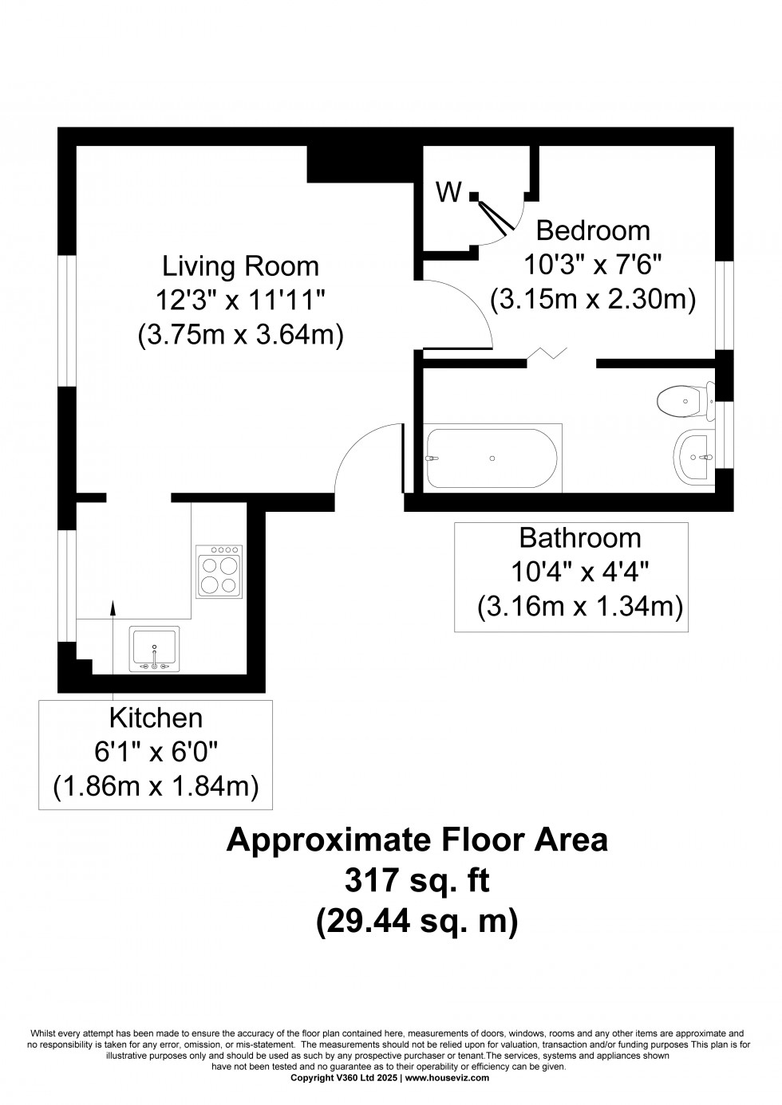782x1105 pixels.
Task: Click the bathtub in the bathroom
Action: (x=492, y=458)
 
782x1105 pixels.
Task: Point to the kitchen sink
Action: (x=155, y=647)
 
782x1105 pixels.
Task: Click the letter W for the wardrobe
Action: (x=448, y=191)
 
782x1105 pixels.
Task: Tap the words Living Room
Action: (x=240, y=265)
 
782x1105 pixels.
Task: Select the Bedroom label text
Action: (x=593, y=230)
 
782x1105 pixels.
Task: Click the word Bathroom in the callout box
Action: (x=580, y=538)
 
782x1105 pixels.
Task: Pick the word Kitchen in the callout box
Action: (x=156, y=718)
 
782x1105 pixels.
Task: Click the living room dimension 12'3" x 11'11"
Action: (x=240, y=301)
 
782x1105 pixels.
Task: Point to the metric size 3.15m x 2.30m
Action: (x=593, y=299)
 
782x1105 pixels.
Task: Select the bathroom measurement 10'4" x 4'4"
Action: (x=580, y=572)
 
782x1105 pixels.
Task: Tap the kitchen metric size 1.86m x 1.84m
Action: (x=156, y=787)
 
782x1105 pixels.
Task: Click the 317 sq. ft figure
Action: (x=417, y=881)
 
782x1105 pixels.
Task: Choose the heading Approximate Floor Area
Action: (x=417, y=840)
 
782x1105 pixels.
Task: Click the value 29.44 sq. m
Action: (x=417, y=922)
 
